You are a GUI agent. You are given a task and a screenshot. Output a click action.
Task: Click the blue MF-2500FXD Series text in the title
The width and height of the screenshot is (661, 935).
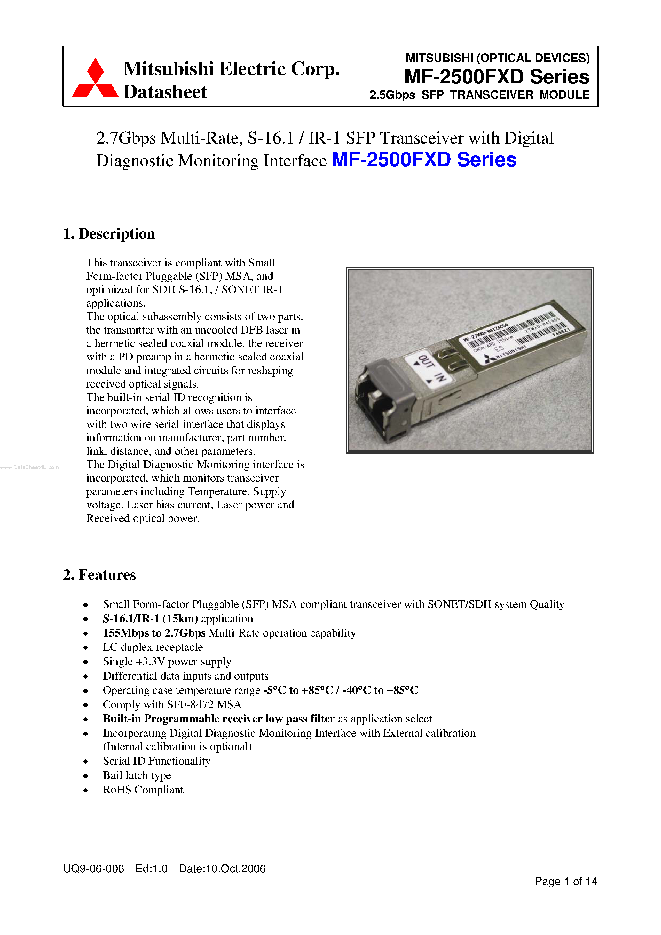click(424, 160)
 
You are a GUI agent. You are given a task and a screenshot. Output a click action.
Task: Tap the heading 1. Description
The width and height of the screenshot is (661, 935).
click(109, 234)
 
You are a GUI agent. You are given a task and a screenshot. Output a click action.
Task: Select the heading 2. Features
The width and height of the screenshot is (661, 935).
click(99, 575)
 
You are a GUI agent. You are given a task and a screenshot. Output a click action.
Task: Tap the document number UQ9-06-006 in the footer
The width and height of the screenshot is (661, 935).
click(93, 868)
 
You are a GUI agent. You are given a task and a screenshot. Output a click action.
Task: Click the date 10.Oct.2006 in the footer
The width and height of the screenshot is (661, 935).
click(222, 868)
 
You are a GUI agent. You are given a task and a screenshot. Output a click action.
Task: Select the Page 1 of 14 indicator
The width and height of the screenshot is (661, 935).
click(565, 881)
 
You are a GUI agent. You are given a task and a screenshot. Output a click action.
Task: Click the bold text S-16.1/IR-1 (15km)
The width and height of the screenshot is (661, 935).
click(150, 618)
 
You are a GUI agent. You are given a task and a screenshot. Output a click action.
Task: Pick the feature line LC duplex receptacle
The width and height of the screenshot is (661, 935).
click(153, 647)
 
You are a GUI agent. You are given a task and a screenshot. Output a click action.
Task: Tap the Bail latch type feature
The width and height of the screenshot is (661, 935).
click(137, 775)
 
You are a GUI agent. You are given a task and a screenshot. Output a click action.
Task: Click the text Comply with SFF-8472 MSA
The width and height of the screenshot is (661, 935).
click(172, 704)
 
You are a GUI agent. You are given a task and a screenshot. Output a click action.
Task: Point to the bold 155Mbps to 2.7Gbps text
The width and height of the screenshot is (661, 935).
click(154, 633)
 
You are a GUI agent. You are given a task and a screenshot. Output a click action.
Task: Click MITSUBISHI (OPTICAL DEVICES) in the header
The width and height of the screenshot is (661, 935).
click(497, 58)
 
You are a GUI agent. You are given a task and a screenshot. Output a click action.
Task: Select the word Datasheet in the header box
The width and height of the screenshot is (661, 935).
click(165, 92)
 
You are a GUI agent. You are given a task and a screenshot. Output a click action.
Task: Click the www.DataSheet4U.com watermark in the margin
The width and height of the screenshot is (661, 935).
click(29, 467)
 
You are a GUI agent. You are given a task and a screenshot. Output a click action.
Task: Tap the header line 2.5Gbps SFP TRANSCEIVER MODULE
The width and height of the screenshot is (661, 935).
click(479, 95)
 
